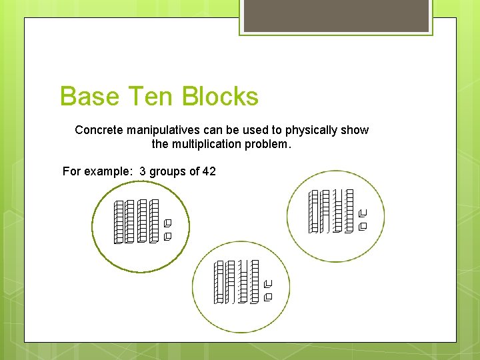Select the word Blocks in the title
point(220,97)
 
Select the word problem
point(272,143)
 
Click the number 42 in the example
point(209,171)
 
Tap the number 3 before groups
point(143,171)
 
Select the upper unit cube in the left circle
point(167,223)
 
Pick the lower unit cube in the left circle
point(167,236)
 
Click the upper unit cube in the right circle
point(363,213)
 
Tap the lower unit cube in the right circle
point(363,227)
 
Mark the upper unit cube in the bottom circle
point(268,284)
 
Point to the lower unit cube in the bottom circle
point(268,297)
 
